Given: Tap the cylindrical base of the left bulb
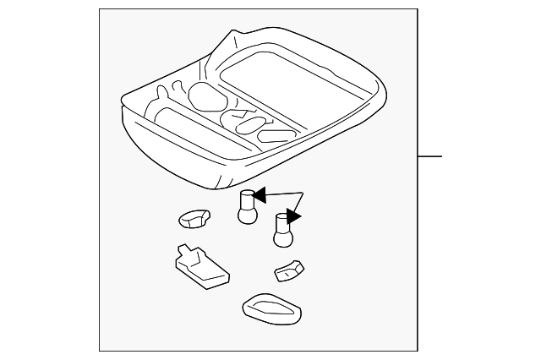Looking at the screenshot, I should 247,200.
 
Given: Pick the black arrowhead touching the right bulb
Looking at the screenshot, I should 294,218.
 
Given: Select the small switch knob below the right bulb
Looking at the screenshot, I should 289,270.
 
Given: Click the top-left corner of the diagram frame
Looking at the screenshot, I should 99,9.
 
